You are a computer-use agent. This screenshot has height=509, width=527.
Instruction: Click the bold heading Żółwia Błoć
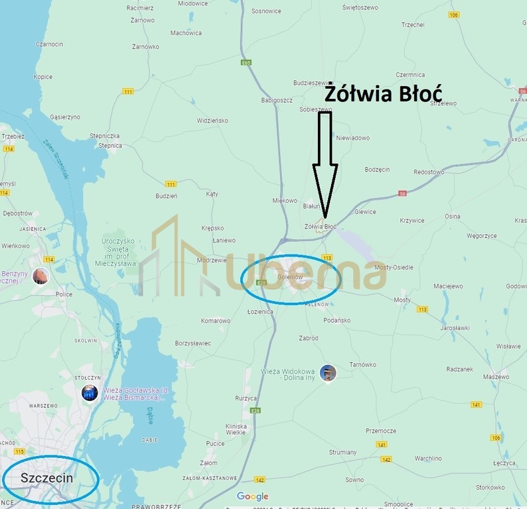pyautogui.click(x=383, y=93)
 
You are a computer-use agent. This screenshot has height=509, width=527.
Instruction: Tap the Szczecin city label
pyautogui.click(x=46, y=478)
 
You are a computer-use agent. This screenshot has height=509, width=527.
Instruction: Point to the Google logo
pyautogui.click(x=253, y=496)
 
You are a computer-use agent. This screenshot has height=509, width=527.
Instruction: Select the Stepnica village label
pyautogui.click(x=110, y=145)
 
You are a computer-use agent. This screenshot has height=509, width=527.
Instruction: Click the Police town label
pyautogui.click(x=64, y=294)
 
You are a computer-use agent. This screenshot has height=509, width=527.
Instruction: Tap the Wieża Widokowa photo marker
pyautogui.click(x=328, y=373)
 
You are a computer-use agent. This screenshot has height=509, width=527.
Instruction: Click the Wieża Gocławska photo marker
pyautogui.click(x=90, y=392)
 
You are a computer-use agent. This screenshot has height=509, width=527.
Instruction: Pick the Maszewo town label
pyautogui.click(x=495, y=376)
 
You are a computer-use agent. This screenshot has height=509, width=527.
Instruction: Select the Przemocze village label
pyautogui.click(x=381, y=430)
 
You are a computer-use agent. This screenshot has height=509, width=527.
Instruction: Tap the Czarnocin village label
pyautogui.click(x=50, y=44)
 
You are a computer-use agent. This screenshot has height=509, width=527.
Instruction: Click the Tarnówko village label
pyautogui.click(x=363, y=365)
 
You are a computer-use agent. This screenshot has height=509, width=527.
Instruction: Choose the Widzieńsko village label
pyautogui.click(x=212, y=121)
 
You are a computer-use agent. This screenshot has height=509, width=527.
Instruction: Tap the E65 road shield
pyautogui.click(x=247, y=63)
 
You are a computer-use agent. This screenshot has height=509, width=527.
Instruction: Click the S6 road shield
pyautogui.click(x=403, y=194)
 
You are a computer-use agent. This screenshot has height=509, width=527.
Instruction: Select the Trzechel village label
pyautogui.click(x=413, y=25)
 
